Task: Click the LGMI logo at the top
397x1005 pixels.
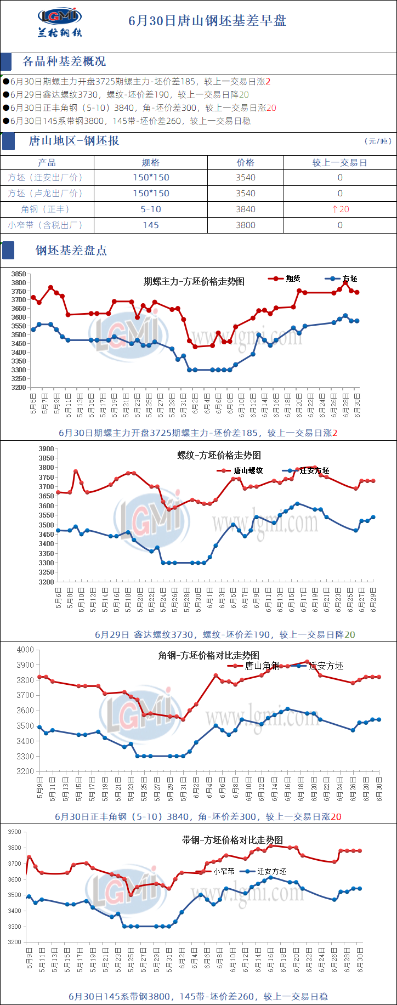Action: click(x=60, y=22)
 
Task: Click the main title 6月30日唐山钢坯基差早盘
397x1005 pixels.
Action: click(x=207, y=21)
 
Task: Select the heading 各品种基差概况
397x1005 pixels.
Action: click(x=64, y=61)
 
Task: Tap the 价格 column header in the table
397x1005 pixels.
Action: click(x=245, y=162)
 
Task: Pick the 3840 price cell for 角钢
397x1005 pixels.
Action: click(x=245, y=209)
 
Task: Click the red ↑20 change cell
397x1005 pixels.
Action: click(x=340, y=209)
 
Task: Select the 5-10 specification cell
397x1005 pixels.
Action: click(x=151, y=209)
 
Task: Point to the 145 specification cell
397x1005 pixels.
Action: click(x=151, y=225)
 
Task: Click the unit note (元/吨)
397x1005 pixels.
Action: click(x=378, y=141)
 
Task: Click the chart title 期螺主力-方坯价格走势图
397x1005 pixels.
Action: click(x=194, y=281)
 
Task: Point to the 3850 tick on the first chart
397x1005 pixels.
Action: click(x=19, y=274)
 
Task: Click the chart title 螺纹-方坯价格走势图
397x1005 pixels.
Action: click(x=219, y=455)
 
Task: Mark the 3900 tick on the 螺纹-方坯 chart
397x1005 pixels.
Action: click(x=46, y=448)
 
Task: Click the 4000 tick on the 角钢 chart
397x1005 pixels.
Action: click(x=25, y=650)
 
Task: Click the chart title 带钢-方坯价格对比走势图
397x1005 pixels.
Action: click(x=232, y=840)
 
